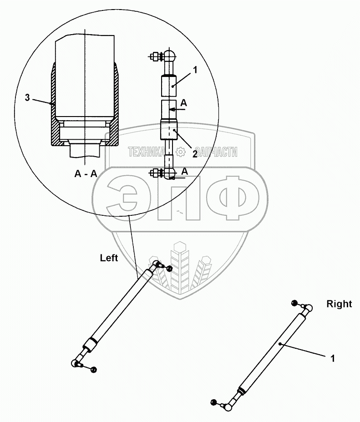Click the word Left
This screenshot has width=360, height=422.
coord(109,258)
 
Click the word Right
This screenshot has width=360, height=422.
coord(339,304)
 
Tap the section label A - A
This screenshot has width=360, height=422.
coord(86,173)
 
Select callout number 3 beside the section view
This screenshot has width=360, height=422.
coord(27,97)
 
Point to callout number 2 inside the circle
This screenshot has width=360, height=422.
coord(194,154)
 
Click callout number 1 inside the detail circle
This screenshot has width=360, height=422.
coord(194,70)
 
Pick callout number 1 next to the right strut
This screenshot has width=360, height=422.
coord(333,359)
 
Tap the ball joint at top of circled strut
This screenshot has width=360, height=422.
coord(169,56)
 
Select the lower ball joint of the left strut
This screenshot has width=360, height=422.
coord(76,363)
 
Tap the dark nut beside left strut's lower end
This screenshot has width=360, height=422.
coord(94,369)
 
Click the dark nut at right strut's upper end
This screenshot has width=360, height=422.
coord(294,303)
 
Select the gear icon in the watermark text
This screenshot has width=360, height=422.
coord(180,152)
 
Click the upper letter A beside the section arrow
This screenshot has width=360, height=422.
coord(183,103)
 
